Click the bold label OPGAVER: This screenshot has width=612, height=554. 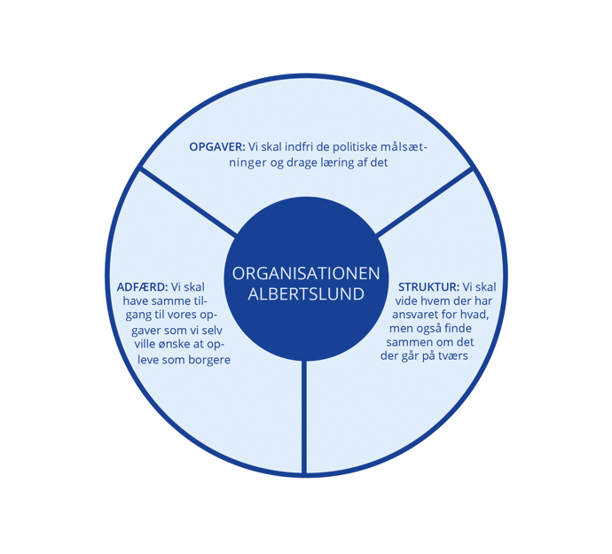click(216, 147)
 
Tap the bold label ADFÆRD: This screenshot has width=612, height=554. click(142, 287)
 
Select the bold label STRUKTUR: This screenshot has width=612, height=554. click(428, 287)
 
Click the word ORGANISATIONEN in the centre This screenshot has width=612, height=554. click(306, 274)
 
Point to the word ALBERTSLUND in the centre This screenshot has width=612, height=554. click(306, 294)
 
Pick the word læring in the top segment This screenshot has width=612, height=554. click(333, 163)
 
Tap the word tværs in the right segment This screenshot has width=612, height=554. click(451, 356)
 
